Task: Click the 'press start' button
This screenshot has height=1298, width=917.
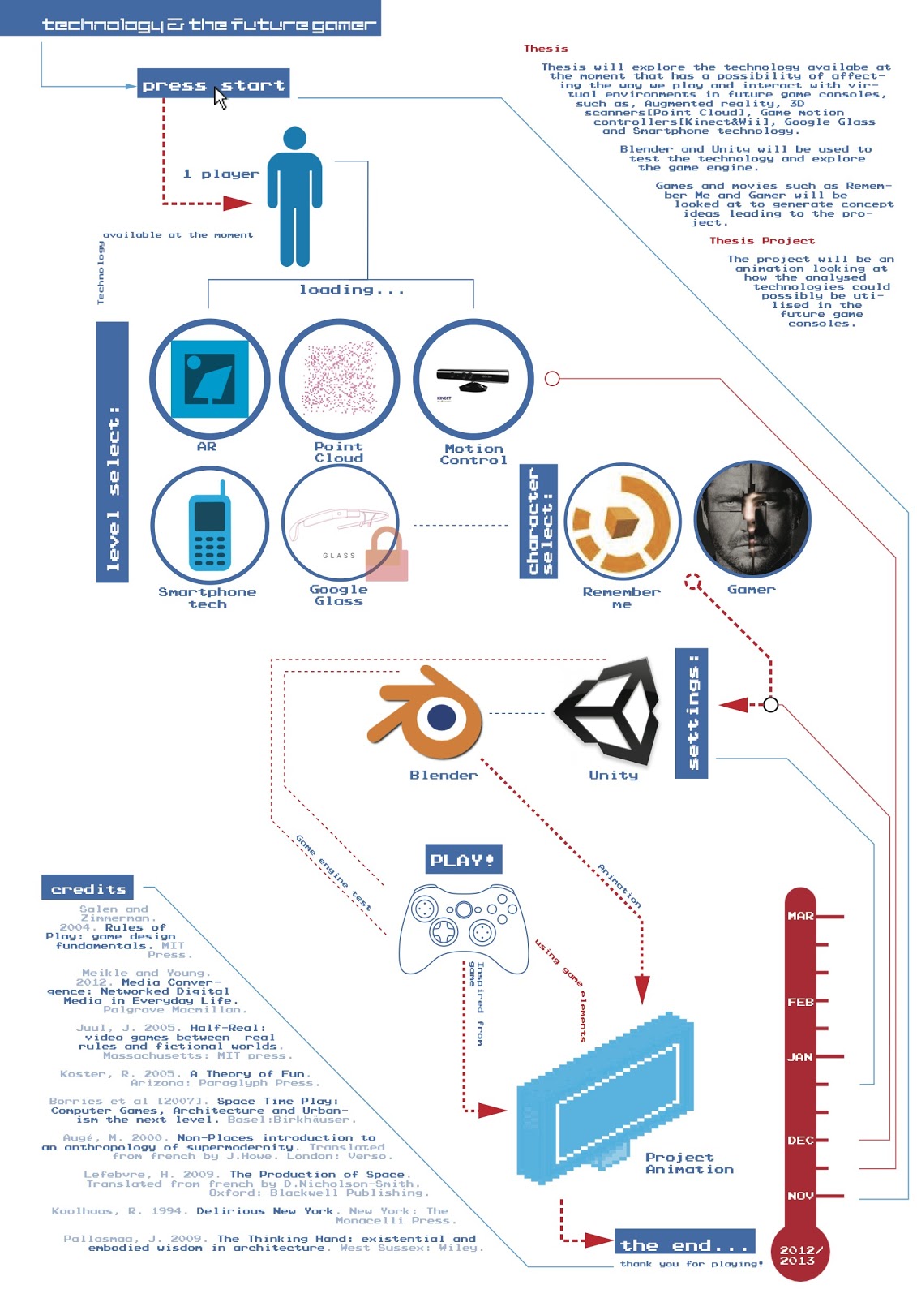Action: coord(212,84)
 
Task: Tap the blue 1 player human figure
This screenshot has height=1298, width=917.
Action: coord(294,197)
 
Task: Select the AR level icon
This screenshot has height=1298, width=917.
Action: coord(209,379)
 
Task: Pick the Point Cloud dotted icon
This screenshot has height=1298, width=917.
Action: coord(339,379)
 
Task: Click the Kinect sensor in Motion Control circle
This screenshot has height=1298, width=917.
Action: coord(473,378)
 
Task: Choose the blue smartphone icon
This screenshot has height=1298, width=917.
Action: coord(209,526)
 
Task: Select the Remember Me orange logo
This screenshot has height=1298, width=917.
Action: coord(623,521)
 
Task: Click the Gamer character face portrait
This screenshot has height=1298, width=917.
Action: coord(752,519)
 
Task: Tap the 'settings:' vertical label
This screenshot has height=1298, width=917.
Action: coord(692,713)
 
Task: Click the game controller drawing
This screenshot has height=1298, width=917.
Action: coord(464,927)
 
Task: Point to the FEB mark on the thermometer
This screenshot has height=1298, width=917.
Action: coord(800,1002)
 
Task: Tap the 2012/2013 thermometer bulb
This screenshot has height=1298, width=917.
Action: coord(800,1254)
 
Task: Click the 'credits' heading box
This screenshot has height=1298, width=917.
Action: coord(88,888)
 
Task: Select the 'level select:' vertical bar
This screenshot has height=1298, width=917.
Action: coord(112,452)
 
